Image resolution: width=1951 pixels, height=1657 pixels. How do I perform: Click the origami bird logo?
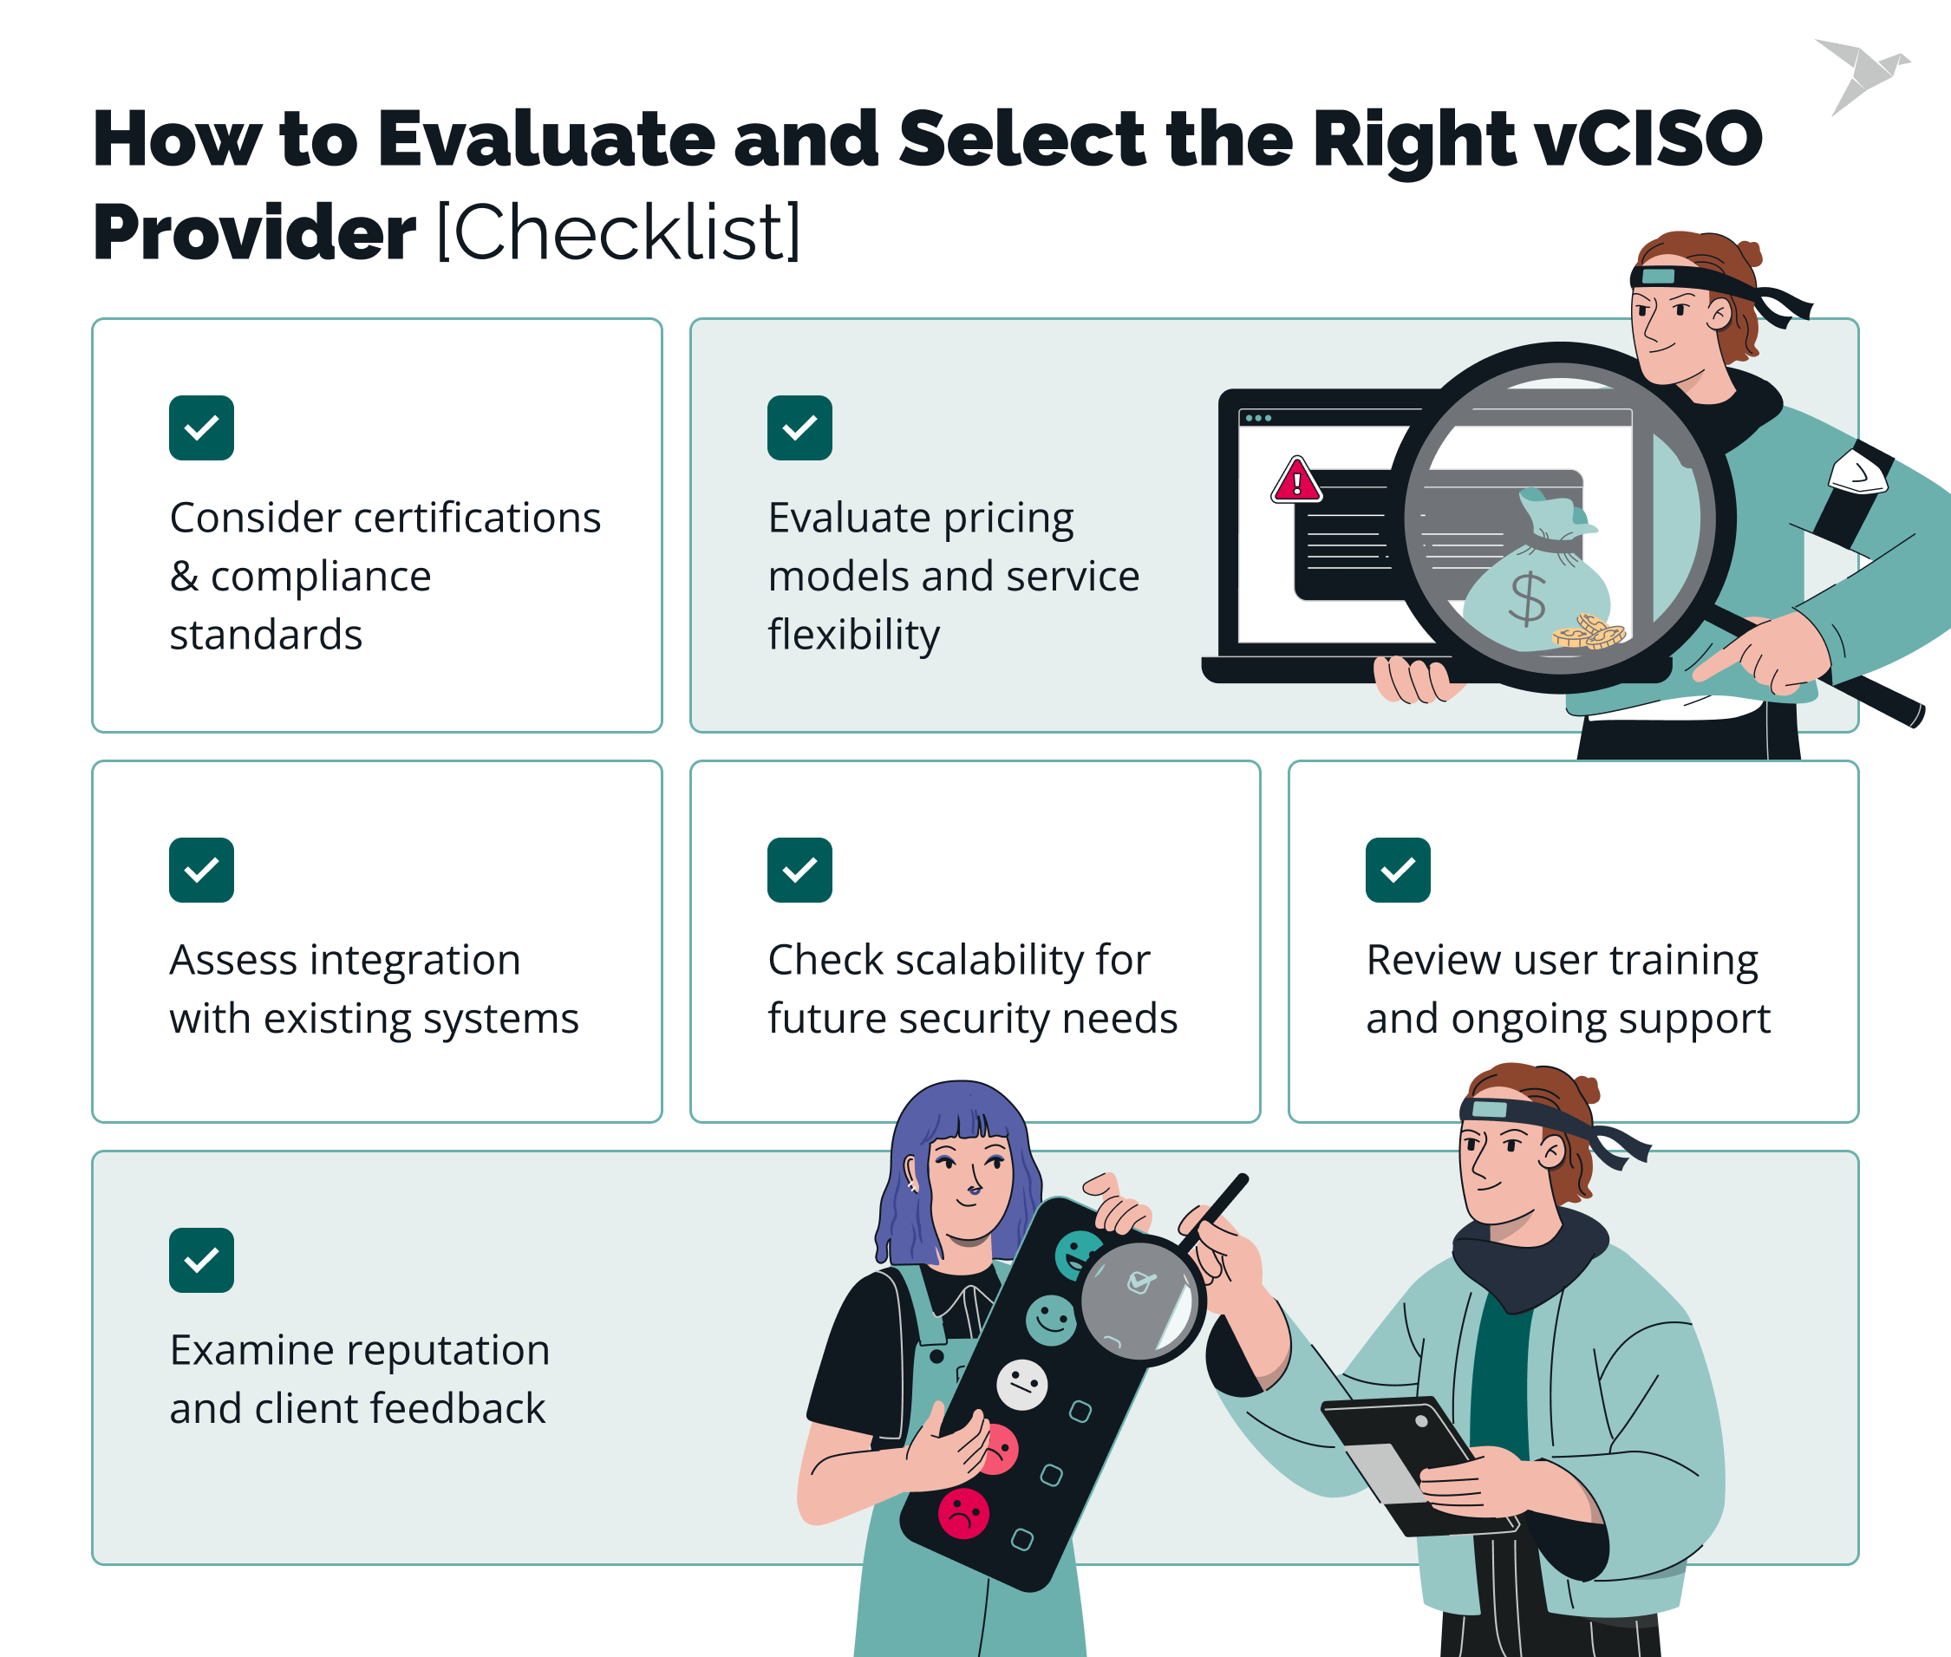pos(1861,75)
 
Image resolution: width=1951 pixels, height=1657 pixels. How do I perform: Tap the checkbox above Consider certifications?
pos(201,428)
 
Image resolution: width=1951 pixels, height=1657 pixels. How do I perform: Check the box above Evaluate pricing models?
pos(799,428)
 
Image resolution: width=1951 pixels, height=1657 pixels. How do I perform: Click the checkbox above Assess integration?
pos(201,870)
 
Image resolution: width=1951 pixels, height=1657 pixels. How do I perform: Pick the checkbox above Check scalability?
pos(799,870)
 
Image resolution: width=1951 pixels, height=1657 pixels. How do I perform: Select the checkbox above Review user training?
pos(1398,870)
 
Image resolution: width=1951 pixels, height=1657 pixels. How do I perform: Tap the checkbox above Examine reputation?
pos(201,1260)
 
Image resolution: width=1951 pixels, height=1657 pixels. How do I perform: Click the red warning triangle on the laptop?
pos(1296,481)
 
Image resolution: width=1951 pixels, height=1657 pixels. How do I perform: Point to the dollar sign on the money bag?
pos(1527,598)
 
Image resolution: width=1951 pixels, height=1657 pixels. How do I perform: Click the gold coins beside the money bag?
pos(1589,632)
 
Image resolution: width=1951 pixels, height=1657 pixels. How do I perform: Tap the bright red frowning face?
pos(962,1513)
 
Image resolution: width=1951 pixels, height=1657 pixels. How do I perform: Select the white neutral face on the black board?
pos(1021,1385)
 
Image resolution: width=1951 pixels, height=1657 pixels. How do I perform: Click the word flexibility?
pos(853,635)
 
